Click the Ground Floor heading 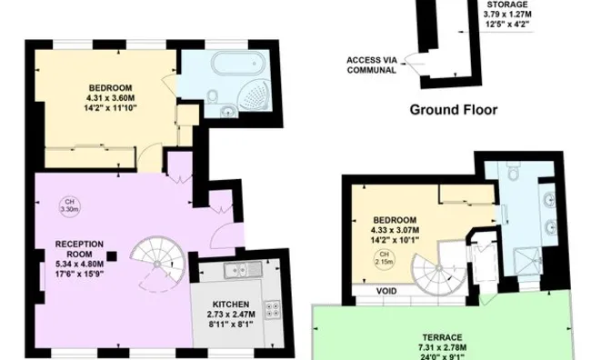point(452,110)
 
